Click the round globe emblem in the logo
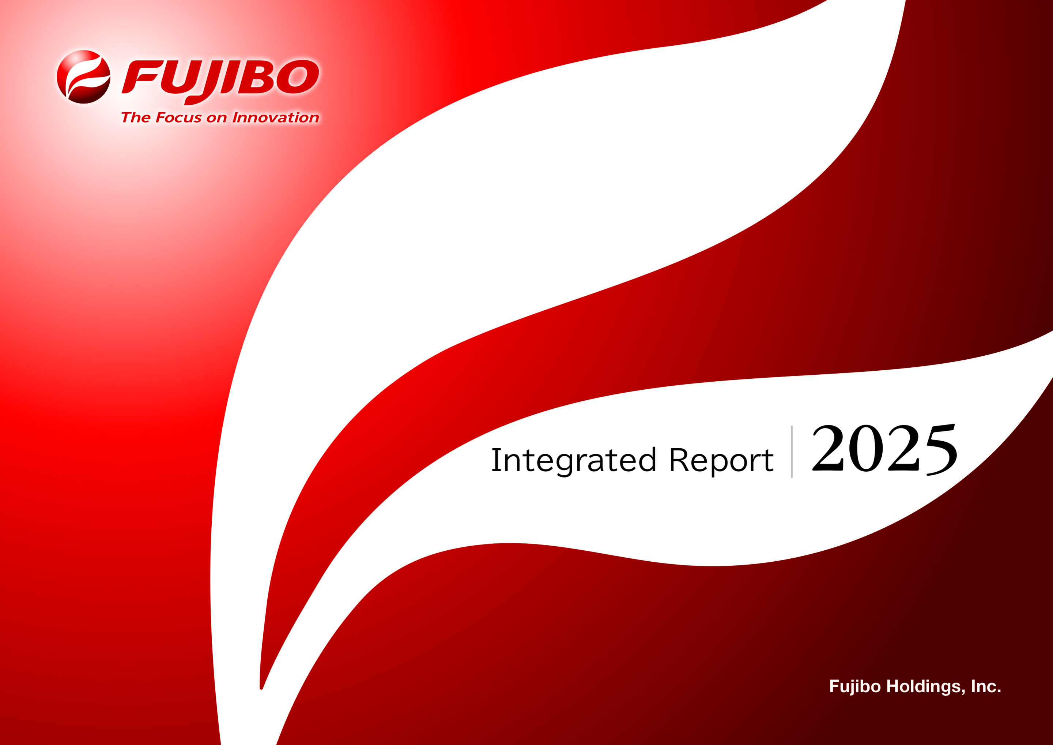(x=83, y=76)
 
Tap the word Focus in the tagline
(x=178, y=117)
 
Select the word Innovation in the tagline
(x=276, y=117)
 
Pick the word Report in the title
(x=721, y=461)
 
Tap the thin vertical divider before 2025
(x=792, y=452)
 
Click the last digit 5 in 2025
(x=941, y=450)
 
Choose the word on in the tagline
(x=217, y=119)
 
